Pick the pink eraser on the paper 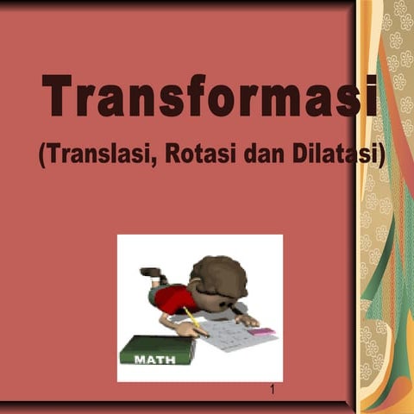[x=263, y=330]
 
